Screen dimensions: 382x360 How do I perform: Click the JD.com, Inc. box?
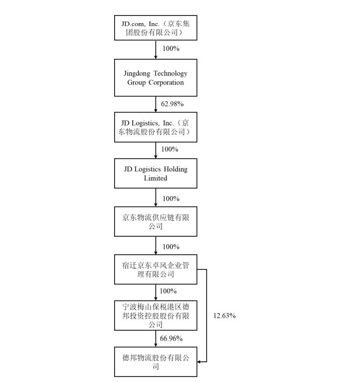tap(155, 28)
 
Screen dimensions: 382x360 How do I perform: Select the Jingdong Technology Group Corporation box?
tap(155, 77)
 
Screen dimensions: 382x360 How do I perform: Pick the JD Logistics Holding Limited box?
tap(155, 173)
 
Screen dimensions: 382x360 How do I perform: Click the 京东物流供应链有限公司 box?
tap(155, 222)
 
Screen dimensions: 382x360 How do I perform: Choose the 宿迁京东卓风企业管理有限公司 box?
tap(155, 269)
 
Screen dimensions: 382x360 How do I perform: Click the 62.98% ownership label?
tap(172, 104)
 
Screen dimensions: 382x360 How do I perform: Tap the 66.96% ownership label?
tap(172, 338)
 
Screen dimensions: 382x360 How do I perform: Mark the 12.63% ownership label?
tap(224, 316)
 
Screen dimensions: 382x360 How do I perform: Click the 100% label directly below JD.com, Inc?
tap(170, 49)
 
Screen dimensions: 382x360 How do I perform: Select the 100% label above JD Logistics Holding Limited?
tap(170, 149)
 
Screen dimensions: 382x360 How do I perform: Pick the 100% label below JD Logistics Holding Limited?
tap(170, 198)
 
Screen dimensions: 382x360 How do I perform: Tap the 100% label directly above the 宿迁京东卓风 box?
tap(170, 246)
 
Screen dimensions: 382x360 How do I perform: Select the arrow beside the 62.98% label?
tap(155, 104)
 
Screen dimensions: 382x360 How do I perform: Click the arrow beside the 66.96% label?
tap(155, 338)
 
